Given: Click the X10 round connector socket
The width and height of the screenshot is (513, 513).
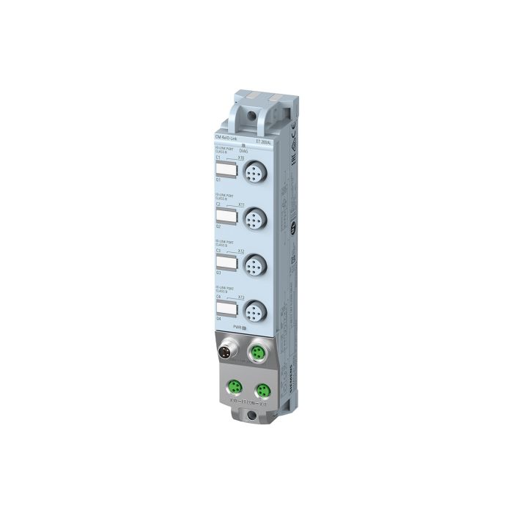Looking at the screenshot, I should click(253, 174).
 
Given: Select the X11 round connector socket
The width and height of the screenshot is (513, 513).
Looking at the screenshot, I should click(253, 218).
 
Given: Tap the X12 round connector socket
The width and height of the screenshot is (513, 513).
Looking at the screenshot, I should click(253, 263).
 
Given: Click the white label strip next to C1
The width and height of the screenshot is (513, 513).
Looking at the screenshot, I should click(225, 171).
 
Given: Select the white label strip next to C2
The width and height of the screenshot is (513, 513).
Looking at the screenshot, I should click(225, 216).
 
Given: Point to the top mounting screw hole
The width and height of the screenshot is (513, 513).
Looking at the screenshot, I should click(254, 114).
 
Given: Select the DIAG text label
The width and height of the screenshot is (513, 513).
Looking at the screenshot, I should click(244, 150).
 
